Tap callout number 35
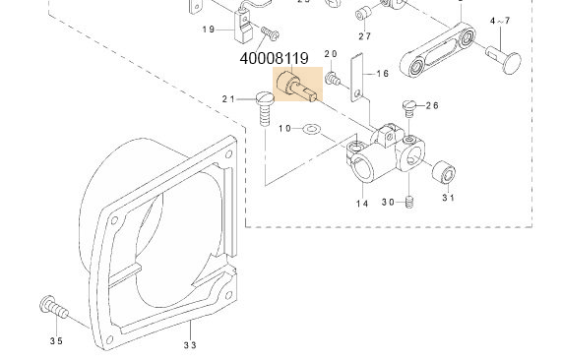tap(56, 341)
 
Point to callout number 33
tap(189, 344)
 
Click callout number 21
tap(230, 98)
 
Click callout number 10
tap(284, 129)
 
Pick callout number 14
tap(362, 204)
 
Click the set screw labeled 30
tap(413, 202)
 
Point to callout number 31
tap(449, 199)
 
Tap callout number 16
tap(382, 74)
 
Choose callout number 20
tap(331, 54)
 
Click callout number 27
tap(364, 36)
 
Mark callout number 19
tap(209, 30)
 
